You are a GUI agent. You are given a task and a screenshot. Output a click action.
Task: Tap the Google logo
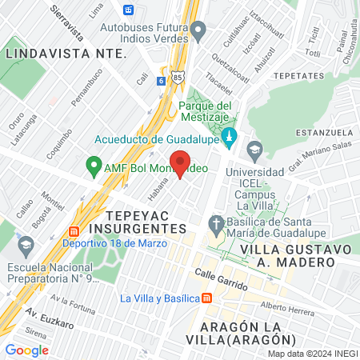coord(27,350)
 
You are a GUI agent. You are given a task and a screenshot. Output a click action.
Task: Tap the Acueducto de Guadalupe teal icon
coord(230,135)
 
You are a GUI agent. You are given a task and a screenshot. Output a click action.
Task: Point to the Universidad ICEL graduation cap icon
coord(254,149)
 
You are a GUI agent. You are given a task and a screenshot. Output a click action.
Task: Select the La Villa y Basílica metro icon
coord(206,298)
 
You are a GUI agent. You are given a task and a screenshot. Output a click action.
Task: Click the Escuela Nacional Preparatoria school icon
coord(25,244)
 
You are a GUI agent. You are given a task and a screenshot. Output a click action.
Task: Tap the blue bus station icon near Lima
coord(129,10)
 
